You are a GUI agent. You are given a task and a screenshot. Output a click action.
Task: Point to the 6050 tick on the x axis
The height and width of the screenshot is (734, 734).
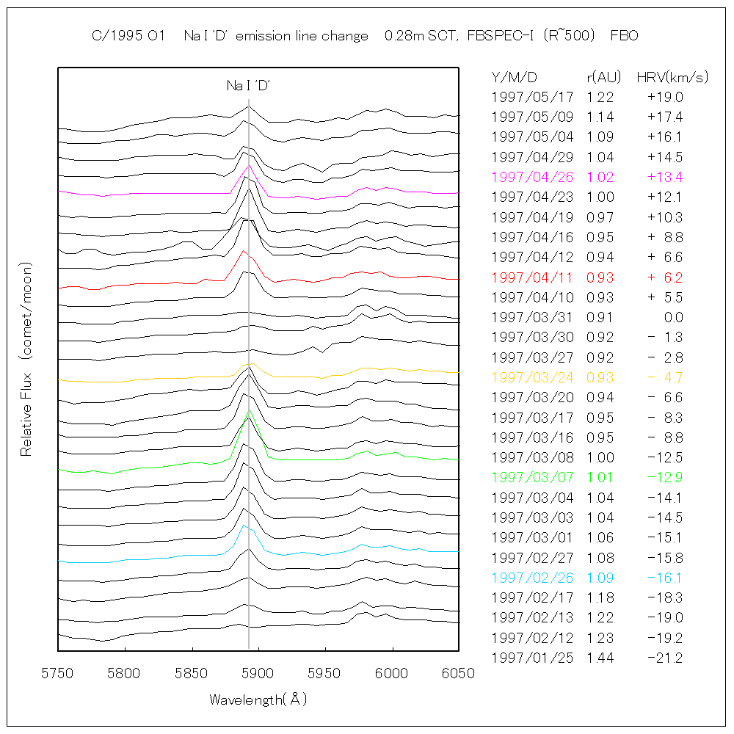pos(459,672)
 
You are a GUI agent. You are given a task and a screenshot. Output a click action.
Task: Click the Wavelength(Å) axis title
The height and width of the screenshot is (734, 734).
pos(258,700)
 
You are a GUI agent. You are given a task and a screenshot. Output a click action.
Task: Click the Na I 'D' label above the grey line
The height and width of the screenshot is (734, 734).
pos(249,86)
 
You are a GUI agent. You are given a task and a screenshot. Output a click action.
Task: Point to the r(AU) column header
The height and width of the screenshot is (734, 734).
pos(604,77)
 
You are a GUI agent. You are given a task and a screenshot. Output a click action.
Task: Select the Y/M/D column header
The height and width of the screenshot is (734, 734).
pos(515,77)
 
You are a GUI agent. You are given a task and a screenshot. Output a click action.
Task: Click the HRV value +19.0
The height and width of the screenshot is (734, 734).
pos(665,97)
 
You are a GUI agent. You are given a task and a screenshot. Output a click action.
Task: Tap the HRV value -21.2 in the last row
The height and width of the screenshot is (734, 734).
pos(665,658)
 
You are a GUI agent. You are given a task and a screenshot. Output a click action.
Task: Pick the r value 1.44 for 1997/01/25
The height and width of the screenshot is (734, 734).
pos(600,658)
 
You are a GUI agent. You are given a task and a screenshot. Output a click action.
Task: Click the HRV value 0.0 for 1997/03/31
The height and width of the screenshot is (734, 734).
pos(673,317)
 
